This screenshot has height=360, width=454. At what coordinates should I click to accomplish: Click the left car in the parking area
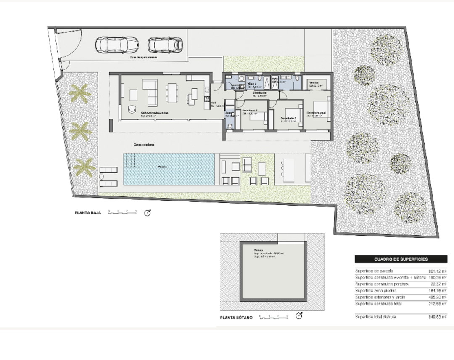pos(117,45)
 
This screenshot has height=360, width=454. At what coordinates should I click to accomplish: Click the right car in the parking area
pos(165,45)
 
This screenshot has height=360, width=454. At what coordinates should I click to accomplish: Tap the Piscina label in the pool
pos(162,167)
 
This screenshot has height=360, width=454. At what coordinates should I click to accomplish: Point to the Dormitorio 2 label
pos(289,119)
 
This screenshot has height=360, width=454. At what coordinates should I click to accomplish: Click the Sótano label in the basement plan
pos(258,250)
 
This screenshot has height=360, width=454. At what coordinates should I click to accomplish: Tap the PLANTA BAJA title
pos(87,213)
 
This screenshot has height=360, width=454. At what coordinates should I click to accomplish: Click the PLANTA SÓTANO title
pos(236,318)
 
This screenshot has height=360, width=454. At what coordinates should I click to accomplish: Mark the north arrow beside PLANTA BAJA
pos(148,213)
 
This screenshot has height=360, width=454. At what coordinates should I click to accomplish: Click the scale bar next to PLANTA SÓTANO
pos(273,316)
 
